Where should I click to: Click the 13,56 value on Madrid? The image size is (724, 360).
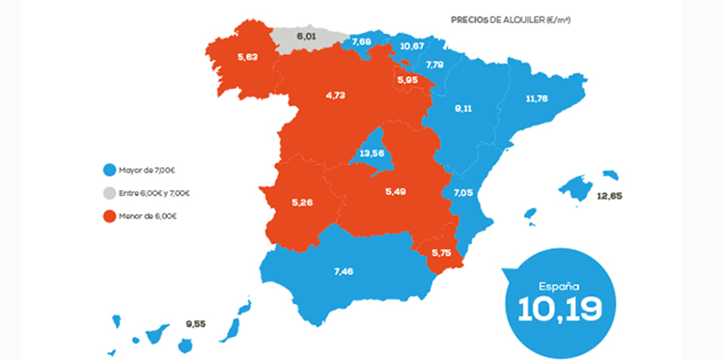(x=372, y=152)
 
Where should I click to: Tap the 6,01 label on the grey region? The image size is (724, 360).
(x=307, y=36)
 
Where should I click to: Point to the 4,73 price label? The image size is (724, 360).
(x=336, y=96)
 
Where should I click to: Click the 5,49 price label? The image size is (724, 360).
(x=397, y=193)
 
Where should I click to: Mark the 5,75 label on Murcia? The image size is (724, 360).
(x=441, y=253)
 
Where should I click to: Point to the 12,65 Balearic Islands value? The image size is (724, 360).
(x=608, y=197)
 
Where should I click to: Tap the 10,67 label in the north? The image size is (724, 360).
(x=411, y=45)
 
